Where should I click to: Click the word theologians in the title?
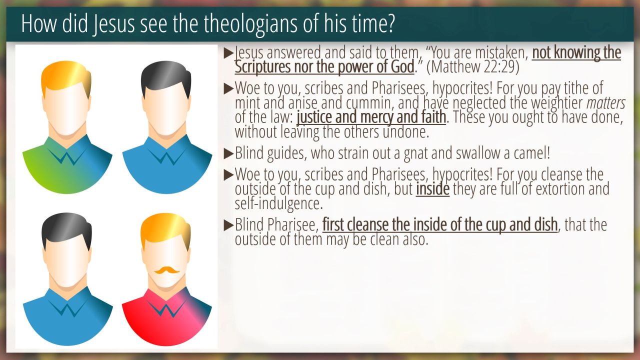pos(250,24)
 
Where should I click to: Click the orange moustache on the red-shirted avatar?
pos(167,269)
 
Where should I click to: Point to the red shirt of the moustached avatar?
pos(167,317)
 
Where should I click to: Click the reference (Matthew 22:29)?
pos(473,67)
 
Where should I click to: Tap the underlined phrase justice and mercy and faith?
pos(371,117)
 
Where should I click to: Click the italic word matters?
pos(606,103)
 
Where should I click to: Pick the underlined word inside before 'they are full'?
pos(432,189)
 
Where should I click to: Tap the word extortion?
pos(560,189)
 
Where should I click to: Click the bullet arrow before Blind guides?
pos(228,153)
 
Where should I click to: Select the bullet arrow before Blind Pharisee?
pos(228,225)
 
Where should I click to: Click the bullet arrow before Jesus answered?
pos(228,53)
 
